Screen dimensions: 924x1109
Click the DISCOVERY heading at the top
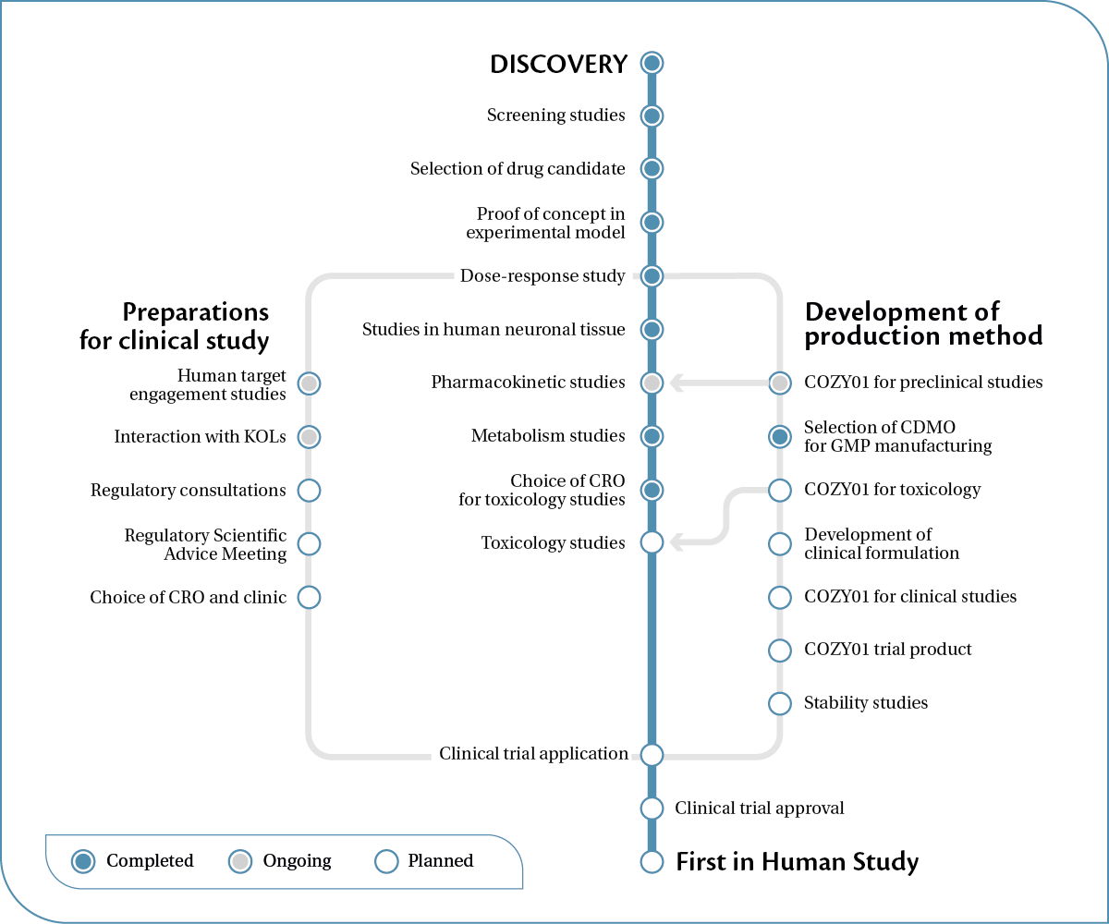coord(558,64)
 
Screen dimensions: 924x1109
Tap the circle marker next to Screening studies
coord(652,115)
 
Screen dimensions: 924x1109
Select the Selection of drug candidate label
coord(518,169)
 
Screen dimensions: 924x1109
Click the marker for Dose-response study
coord(652,275)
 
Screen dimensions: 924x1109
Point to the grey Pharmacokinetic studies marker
coord(652,383)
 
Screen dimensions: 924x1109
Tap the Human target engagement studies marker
coord(309,383)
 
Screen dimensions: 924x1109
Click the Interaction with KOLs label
coord(200,436)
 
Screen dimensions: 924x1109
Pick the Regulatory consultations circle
coord(309,490)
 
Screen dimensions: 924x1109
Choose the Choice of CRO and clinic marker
coord(309,597)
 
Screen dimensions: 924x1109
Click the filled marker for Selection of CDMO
coord(780,436)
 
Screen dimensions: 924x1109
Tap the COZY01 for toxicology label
coord(892,490)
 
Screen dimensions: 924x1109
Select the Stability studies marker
coord(780,703)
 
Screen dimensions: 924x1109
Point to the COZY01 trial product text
coord(887,650)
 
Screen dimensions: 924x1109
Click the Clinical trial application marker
coord(652,754)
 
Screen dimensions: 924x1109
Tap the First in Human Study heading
coord(797,862)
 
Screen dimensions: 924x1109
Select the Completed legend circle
coord(84,861)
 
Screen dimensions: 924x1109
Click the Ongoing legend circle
coord(240,861)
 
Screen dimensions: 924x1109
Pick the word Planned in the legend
coord(440,861)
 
